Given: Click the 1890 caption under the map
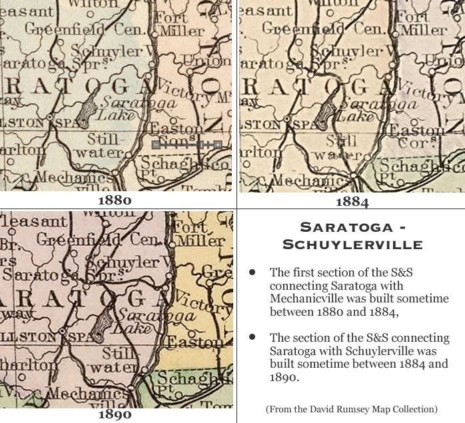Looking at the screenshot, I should pos(115,414).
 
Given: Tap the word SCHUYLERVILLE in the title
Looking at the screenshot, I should pos(352,244).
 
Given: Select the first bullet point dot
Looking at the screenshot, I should pos(252,273).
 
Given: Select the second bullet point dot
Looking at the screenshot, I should pos(252,338).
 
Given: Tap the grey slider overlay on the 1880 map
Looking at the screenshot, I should pos(187,144).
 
